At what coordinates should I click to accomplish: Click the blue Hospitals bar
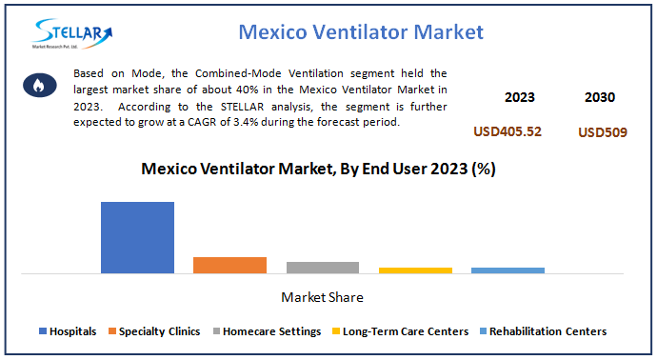click(137, 237)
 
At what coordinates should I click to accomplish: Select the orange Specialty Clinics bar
click(229, 265)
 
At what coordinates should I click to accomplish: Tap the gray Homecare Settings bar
click(322, 268)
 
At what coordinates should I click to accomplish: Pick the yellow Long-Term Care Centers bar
click(414, 270)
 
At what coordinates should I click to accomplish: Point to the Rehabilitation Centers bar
click(508, 270)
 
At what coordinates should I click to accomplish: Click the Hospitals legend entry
click(68, 331)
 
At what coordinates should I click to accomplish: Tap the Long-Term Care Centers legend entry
click(400, 331)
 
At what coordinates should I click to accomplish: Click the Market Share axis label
click(322, 298)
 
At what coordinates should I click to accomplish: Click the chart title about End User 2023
click(318, 170)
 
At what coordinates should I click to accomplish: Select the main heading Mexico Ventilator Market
click(361, 31)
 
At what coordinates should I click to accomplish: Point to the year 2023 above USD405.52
click(519, 97)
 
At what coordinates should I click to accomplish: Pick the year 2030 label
click(600, 97)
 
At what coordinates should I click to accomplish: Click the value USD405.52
click(508, 131)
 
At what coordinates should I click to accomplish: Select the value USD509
click(602, 132)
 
